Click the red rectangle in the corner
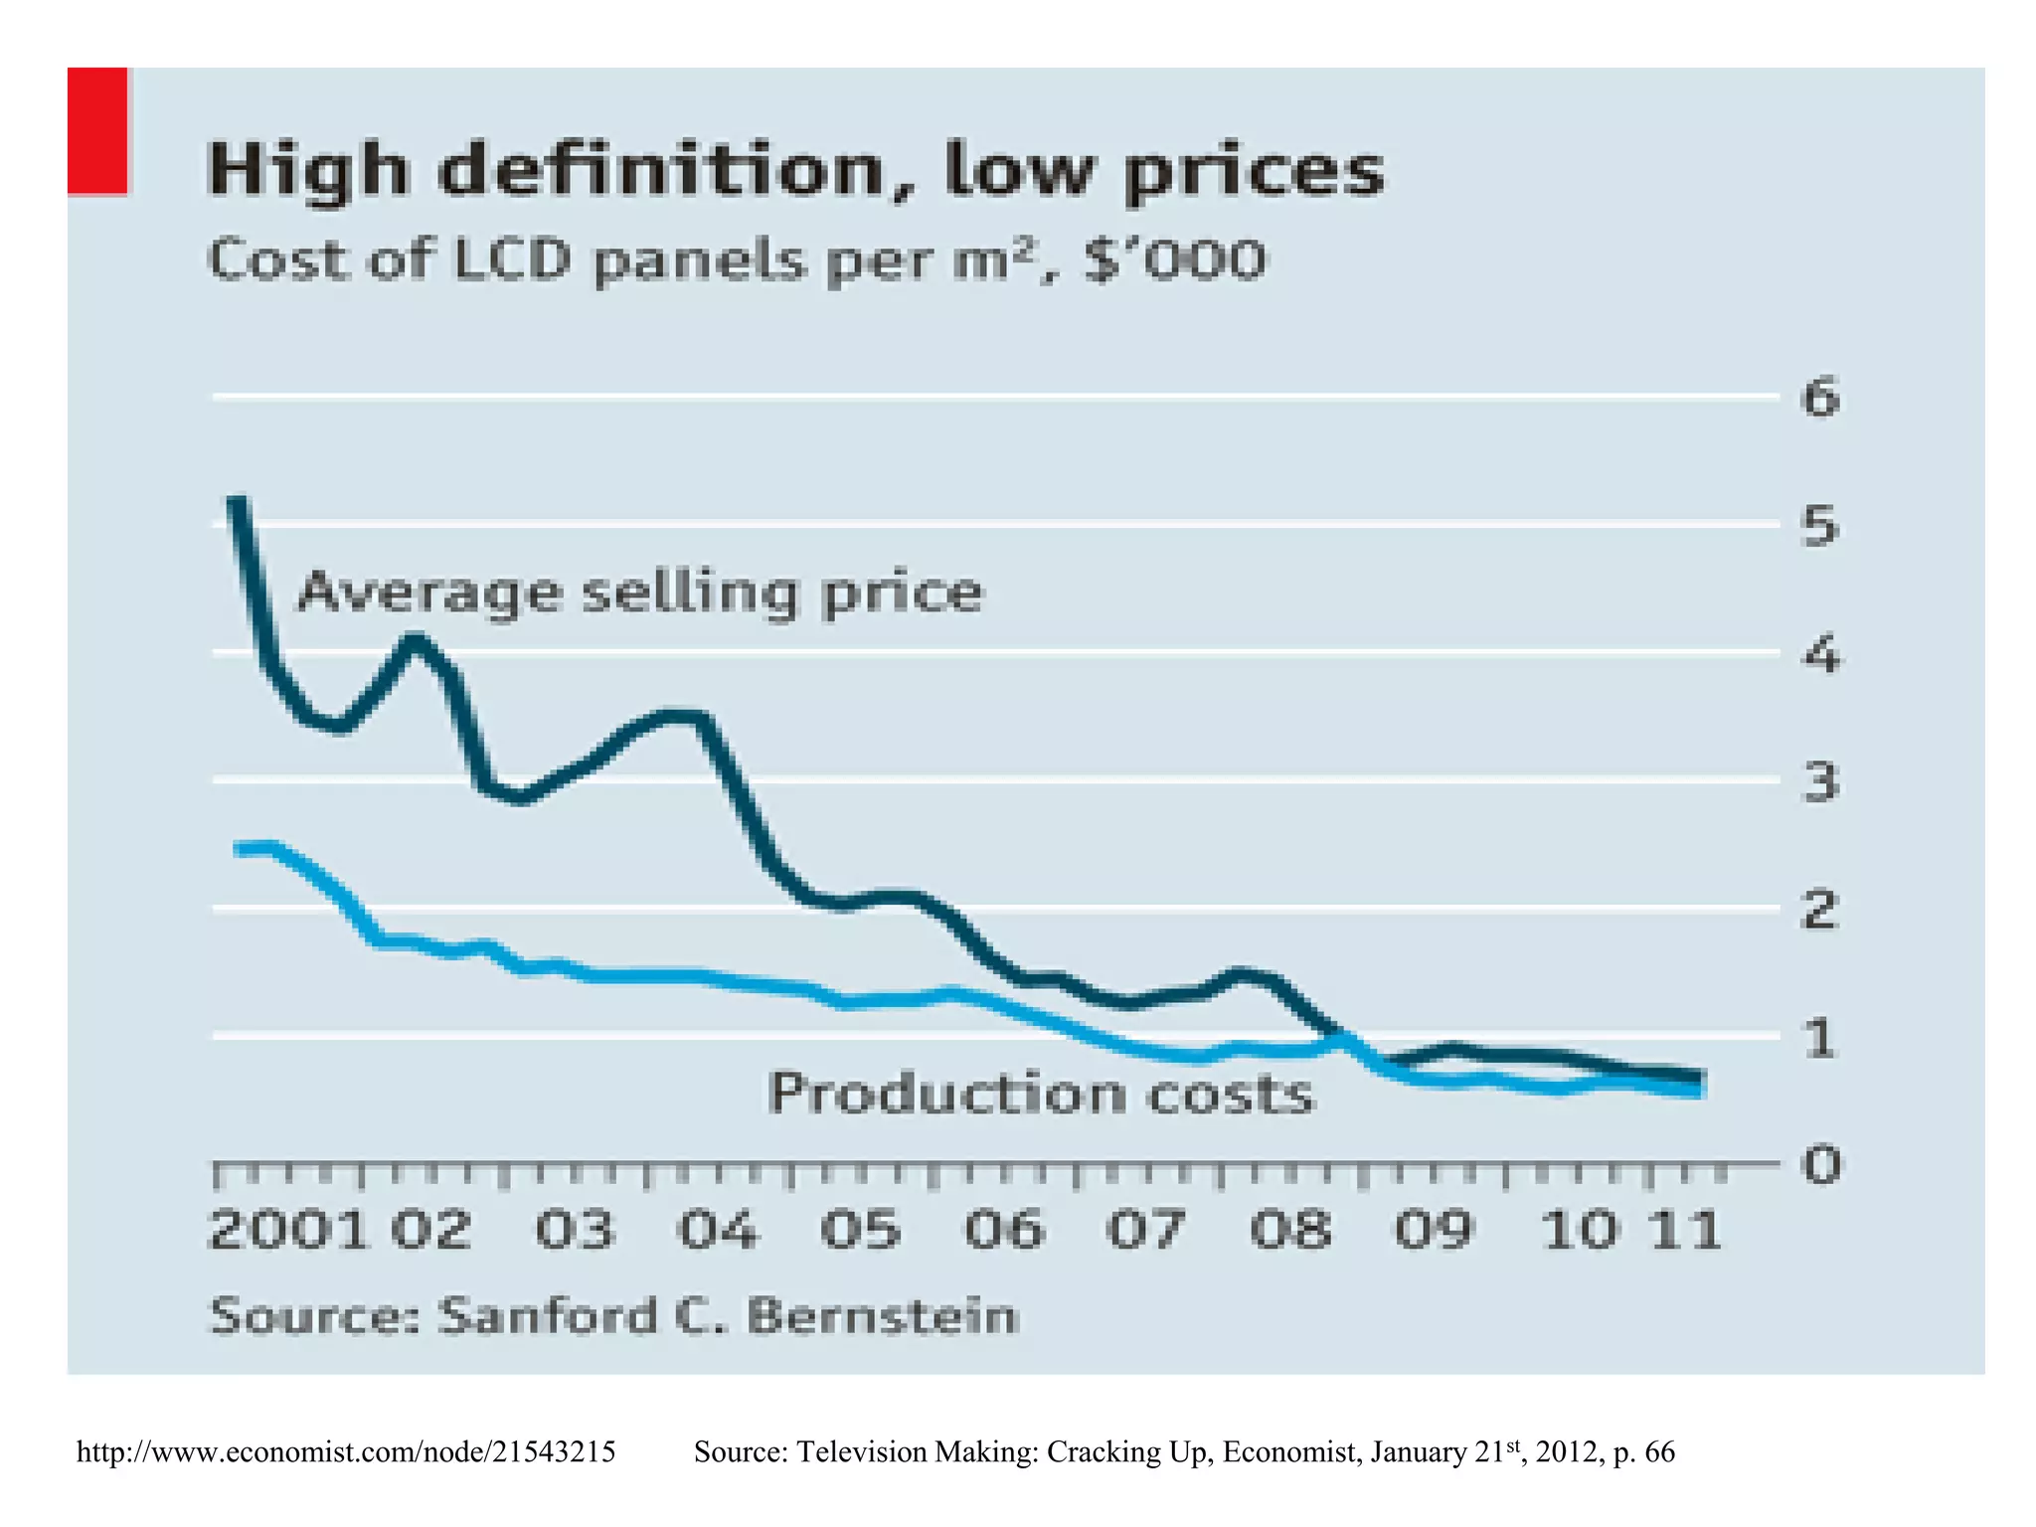(97, 131)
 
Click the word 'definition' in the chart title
(660, 171)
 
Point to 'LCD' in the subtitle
(512, 260)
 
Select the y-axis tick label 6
(1820, 398)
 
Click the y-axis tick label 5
(1820, 525)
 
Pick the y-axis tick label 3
(1820, 781)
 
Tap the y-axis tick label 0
(1821, 1164)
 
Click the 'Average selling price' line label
(640, 593)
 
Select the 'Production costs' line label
(1041, 1095)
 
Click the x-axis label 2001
(288, 1230)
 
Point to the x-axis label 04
(717, 1230)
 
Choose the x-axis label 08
(1289, 1230)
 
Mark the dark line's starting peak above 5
(237, 503)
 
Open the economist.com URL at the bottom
(346, 1452)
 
